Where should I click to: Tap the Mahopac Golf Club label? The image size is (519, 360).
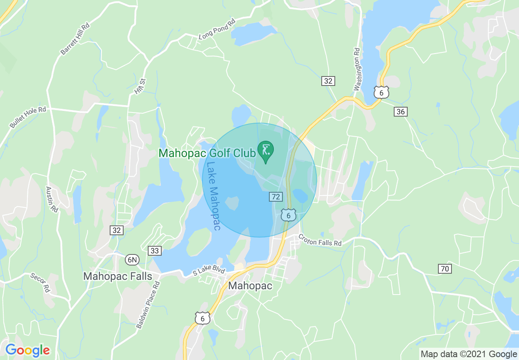[207, 153]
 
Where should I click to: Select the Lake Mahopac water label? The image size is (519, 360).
[213, 196]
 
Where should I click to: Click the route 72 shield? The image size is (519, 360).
[276, 197]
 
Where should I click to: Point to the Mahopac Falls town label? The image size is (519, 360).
[117, 276]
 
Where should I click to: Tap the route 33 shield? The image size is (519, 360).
[154, 250]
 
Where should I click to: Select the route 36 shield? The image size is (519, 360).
[401, 111]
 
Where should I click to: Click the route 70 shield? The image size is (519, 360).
[445, 269]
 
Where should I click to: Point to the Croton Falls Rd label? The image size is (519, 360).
[320, 240]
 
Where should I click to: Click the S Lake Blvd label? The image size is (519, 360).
[209, 271]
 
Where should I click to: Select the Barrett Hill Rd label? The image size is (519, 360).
[74, 39]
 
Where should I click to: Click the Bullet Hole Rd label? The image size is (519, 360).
[28, 118]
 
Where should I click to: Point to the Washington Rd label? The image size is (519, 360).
[357, 69]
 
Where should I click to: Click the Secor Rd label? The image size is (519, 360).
[40, 283]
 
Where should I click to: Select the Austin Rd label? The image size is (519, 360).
[52, 199]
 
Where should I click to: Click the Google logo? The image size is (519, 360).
[27, 350]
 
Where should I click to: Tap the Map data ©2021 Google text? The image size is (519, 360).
[469, 354]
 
